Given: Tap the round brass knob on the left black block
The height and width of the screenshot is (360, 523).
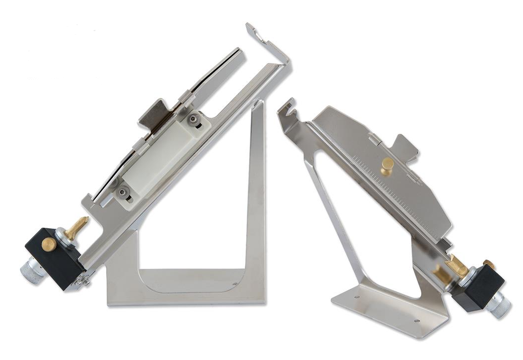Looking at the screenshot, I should [x=49, y=245].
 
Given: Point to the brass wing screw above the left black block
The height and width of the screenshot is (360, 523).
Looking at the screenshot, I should [x=76, y=227].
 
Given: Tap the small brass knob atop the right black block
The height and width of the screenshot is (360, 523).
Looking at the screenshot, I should [x=489, y=265].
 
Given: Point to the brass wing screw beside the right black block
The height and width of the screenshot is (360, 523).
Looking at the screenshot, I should [x=456, y=265].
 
